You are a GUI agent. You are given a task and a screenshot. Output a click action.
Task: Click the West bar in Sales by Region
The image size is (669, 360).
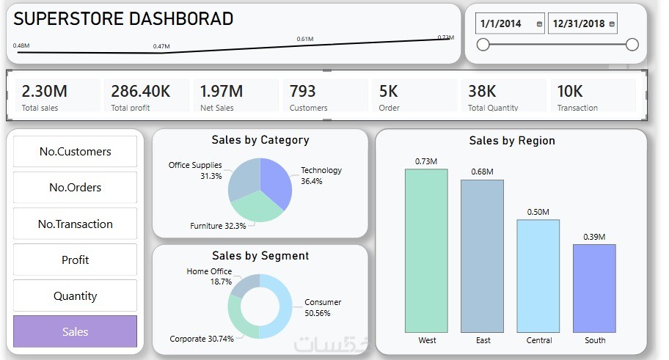click(426, 251)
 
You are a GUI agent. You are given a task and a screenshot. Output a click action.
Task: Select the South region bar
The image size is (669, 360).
click(594, 288)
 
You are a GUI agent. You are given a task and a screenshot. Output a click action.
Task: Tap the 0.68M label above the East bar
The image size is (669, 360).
click(482, 172)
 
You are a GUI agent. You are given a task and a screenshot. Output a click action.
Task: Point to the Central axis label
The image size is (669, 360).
click(539, 340)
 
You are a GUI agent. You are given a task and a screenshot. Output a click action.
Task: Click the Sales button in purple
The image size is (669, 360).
click(75, 331)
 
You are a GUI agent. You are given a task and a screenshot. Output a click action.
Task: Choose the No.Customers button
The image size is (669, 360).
click(75, 152)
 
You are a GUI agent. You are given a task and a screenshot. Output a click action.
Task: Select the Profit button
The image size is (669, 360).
click(75, 260)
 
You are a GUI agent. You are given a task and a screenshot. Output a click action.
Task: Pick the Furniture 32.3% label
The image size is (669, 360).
click(218, 226)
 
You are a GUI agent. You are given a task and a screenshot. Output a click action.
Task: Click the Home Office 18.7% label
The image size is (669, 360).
click(210, 276)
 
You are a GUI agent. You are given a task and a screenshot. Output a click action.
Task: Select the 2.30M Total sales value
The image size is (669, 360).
click(44, 92)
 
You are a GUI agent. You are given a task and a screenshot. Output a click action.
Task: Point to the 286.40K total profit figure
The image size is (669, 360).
click(140, 92)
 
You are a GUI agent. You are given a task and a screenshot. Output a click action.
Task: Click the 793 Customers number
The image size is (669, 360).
click(302, 92)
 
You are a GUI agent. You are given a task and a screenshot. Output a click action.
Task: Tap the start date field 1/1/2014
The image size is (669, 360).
click(501, 23)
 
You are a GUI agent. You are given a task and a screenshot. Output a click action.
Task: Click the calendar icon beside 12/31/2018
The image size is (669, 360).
click(612, 24)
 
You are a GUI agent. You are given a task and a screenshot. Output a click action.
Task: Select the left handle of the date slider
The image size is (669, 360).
click(483, 45)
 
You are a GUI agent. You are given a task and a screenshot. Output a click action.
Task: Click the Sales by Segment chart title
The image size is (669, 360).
click(260, 256)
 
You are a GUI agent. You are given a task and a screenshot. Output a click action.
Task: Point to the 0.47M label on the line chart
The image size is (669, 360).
click(161, 46)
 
